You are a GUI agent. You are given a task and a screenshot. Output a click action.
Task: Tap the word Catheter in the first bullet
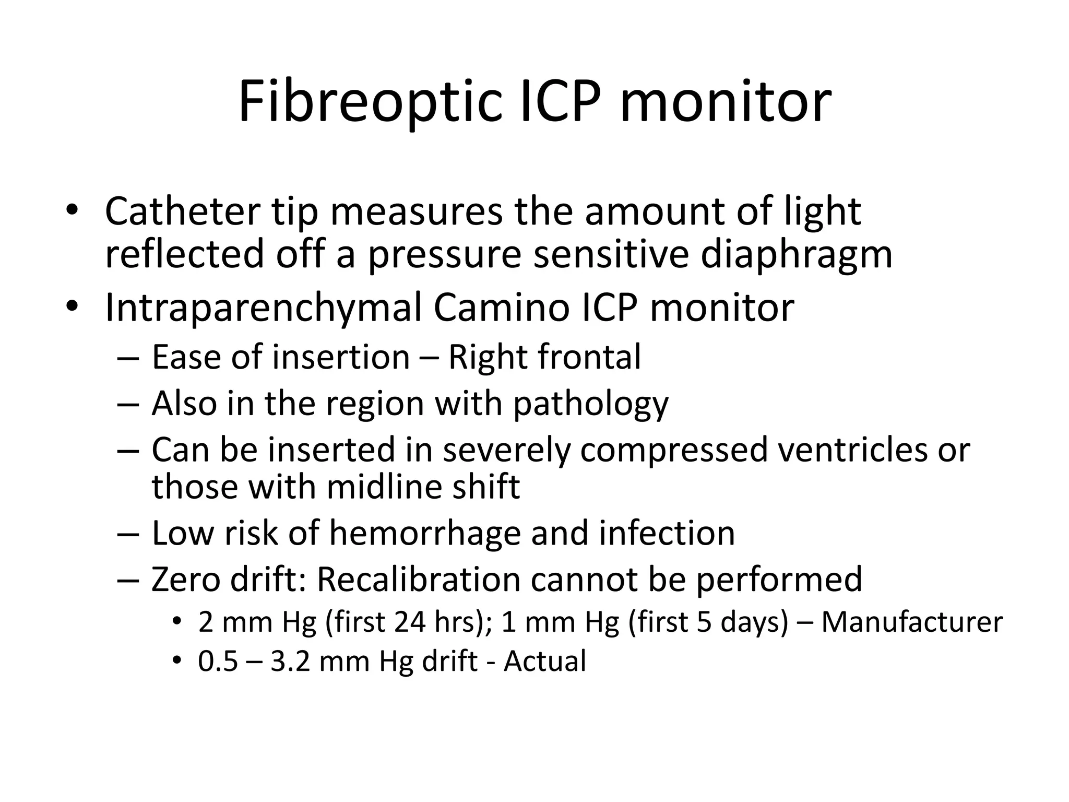click(x=182, y=211)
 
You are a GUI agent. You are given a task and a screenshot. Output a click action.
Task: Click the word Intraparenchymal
click(x=263, y=308)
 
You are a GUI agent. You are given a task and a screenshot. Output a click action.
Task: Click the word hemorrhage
click(x=425, y=534)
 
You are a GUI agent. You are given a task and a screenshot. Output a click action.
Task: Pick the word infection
click(x=667, y=534)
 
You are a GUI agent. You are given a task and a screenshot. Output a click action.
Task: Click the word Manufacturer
click(x=912, y=622)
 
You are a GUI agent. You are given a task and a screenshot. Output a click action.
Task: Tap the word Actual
click(x=544, y=661)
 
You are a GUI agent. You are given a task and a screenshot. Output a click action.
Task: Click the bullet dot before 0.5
click(x=177, y=661)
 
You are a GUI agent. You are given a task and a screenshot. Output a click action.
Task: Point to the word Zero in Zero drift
click(x=185, y=580)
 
